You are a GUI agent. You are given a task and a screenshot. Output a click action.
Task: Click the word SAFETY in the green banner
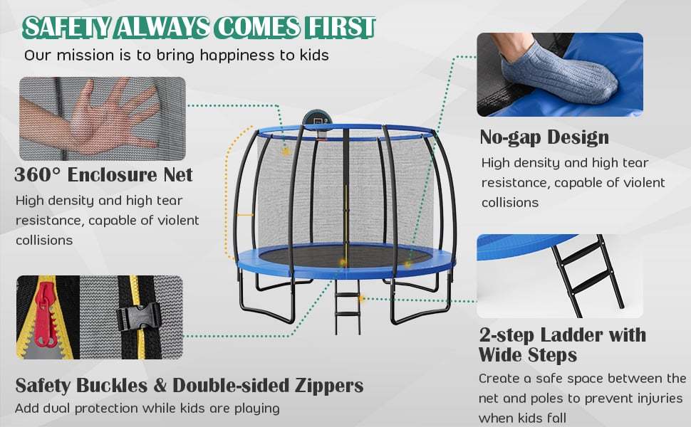67,26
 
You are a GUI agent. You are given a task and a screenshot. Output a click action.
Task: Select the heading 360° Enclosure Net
104,174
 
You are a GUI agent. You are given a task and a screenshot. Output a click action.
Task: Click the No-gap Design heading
544,137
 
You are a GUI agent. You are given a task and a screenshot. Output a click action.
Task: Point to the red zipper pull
45,313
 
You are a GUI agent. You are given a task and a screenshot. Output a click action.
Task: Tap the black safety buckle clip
139,317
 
